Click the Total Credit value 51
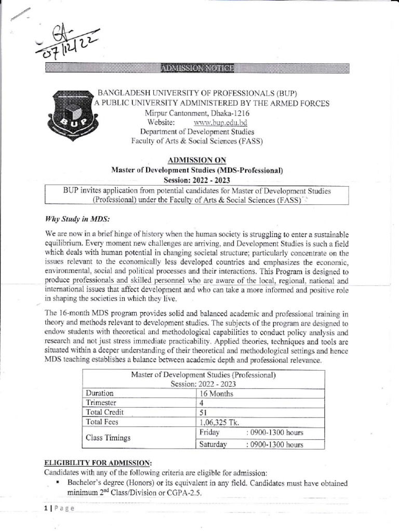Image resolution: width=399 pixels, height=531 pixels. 204,413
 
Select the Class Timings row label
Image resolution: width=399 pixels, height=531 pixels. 109,438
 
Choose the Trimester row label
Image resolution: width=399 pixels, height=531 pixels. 101,403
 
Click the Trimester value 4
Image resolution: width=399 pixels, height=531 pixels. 202,403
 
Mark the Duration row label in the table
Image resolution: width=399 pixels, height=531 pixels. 100,394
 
